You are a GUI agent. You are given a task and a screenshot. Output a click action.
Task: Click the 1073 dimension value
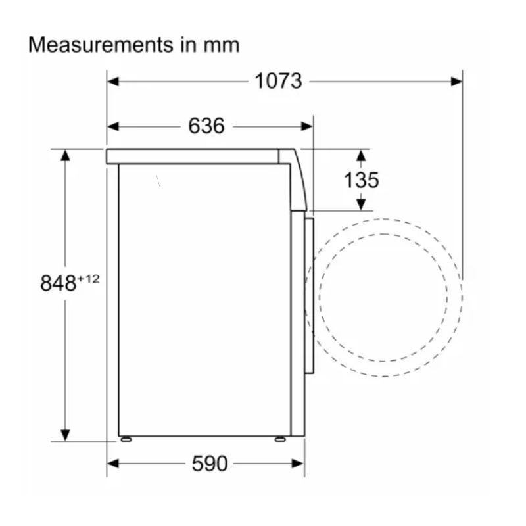click(278, 81)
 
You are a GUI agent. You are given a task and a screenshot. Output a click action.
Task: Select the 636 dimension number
click(206, 126)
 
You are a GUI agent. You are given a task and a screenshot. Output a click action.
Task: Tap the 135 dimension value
click(361, 180)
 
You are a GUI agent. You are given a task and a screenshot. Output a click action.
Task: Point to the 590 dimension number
click(210, 464)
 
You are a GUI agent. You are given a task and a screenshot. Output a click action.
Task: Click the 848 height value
click(59, 283)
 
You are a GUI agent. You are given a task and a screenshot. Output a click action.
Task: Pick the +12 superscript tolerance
click(89, 279)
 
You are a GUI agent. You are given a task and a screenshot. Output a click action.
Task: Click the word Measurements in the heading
click(101, 45)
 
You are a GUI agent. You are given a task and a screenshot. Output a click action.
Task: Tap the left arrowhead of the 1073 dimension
click(113, 82)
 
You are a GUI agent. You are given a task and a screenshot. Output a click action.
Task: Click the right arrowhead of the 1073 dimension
click(456, 82)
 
